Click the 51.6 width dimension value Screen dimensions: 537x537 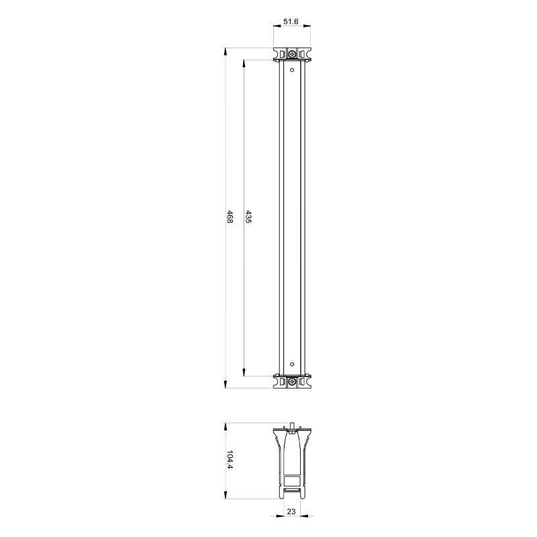(291, 21)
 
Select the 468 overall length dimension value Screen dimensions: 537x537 (230, 217)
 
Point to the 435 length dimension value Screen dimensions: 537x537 (248, 217)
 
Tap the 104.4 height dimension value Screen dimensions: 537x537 (230, 460)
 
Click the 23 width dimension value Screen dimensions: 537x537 (291, 511)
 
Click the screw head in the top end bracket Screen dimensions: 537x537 (292, 54)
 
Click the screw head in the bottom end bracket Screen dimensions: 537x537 (292, 381)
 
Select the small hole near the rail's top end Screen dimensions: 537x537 (292, 70)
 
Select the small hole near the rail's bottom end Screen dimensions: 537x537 (292, 364)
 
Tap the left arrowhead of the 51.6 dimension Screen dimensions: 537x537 (277, 26)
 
